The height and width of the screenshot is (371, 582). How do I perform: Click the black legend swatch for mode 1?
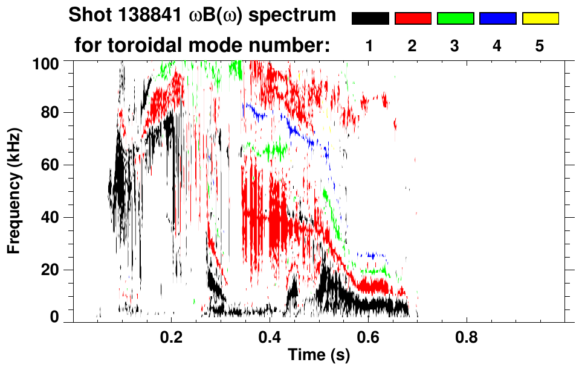point(370,19)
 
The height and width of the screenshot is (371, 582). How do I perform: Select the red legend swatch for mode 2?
point(413,19)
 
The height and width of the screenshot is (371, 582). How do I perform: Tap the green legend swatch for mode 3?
point(455,19)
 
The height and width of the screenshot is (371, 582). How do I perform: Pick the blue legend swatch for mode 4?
point(497,19)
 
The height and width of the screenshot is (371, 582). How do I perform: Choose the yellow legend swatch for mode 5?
point(540,19)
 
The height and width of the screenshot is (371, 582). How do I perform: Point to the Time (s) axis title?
point(318,355)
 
